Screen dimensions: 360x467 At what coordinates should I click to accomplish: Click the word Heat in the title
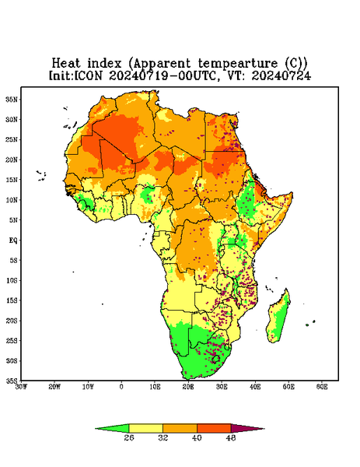pyautogui.click(x=66, y=64)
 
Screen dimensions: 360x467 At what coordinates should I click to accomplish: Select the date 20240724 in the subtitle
pyautogui.click(x=281, y=75)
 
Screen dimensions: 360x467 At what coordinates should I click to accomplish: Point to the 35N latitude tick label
pyautogui.click(x=12, y=99)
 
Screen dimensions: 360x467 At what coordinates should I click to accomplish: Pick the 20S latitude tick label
pyautogui.click(x=12, y=321)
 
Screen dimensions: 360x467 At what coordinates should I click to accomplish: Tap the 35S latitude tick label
pyautogui.click(x=12, y=381)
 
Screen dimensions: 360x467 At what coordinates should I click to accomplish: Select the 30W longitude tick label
pyautogui.click(x=21, y=387)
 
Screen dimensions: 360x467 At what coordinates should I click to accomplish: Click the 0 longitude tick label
pyautogui.click(x=121, y=387)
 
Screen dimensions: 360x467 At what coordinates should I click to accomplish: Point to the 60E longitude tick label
pyautogui.click(x=322, y=387)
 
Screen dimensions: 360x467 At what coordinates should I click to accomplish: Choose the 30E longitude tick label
pyautogui.click(x=222, y=387)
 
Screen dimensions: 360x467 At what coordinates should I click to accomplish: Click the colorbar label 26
pyautogui.click(x=129, y=437)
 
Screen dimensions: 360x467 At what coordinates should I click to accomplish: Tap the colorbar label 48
pyautogui.click(x=231, y=437)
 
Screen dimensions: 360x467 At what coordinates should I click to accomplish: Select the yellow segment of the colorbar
pyautogui.click(x=145, y=428)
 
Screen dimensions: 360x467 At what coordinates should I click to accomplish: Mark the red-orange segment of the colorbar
pyautogui.click(x=214, y=428)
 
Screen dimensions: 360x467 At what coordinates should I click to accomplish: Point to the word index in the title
pyautogui.click(x=104, y=64)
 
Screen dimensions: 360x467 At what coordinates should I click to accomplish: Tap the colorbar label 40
pyautogui.click(x=197, y=437)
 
